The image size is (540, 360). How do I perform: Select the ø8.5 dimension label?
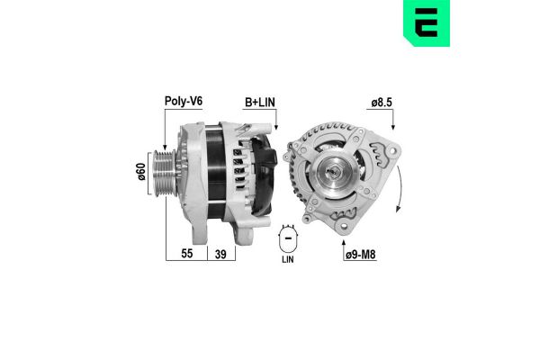point(381,103)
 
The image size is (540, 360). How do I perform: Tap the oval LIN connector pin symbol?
point(289,238)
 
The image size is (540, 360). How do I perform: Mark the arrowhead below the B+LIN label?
point(274,125)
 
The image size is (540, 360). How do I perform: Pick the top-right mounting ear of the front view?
point(375,144)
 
